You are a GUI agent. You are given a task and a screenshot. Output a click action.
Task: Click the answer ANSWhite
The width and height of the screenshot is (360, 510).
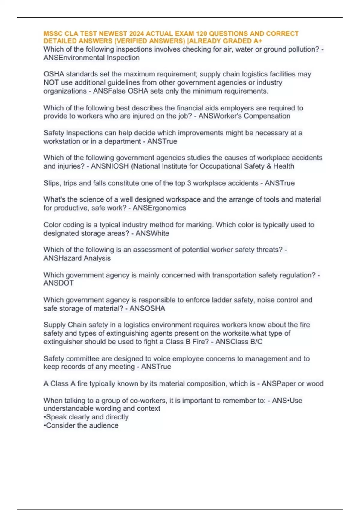(x=152, y=233)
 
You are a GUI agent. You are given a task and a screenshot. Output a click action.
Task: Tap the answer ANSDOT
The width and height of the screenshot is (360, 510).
(x=58, y=283)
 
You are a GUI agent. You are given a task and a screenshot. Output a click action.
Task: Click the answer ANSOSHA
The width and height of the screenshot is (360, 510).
(x=147, y=308)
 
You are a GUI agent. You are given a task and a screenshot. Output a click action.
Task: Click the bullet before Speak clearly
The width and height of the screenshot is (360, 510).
(x=45, y=417)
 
